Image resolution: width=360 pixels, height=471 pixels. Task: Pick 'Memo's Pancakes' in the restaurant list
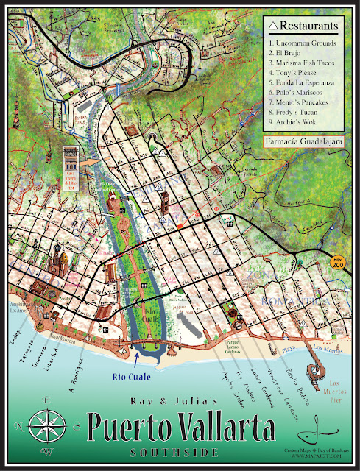(x=302, y=102)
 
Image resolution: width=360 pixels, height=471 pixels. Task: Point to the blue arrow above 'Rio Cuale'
(x=138, y=359)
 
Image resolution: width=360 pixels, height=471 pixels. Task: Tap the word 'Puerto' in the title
(x=132, y=430)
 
